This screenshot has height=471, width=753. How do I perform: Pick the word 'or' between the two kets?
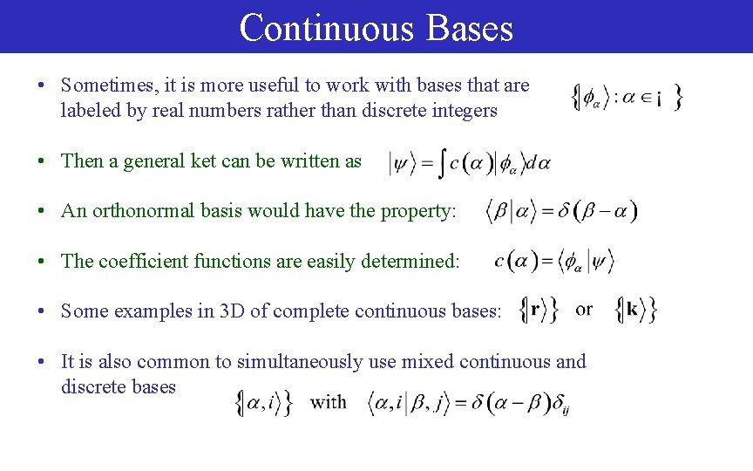tap(584, 310)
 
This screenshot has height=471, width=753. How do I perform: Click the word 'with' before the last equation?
tap(328, 402)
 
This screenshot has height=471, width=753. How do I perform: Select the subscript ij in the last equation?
tap(566, 409)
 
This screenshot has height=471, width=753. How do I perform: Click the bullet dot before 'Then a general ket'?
tap(42, 162)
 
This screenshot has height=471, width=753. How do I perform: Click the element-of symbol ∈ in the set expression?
tap(647, 98)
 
